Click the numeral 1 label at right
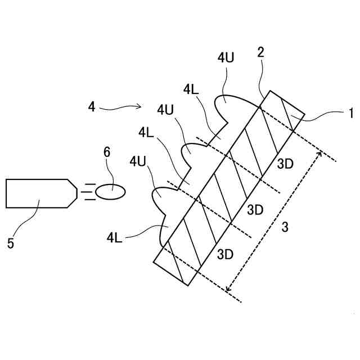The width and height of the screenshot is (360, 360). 350,113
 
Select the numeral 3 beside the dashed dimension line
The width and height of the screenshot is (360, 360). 285,227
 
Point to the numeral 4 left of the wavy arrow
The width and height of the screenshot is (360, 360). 92,106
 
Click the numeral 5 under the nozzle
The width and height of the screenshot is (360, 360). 11,243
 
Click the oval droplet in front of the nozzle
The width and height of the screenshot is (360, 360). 110,192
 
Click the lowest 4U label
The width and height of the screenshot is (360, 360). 138,161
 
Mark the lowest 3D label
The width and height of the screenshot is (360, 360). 225,254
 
